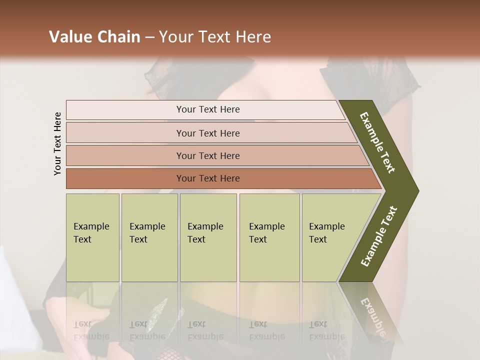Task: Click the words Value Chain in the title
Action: point(94,37)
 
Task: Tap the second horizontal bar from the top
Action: point(207,133)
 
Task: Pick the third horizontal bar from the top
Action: point(207,155)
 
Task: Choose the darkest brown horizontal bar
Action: point(207,178)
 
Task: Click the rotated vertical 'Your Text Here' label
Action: point(57,143)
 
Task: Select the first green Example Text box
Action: point(92,237)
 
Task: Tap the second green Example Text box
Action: point(149,237)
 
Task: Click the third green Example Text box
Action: point(208,237)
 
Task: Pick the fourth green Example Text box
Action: point(269,237)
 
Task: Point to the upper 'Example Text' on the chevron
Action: point(377,142)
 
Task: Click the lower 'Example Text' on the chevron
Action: point(379,236)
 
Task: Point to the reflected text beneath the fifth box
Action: point(326,330)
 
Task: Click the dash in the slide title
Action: point(149,37)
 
